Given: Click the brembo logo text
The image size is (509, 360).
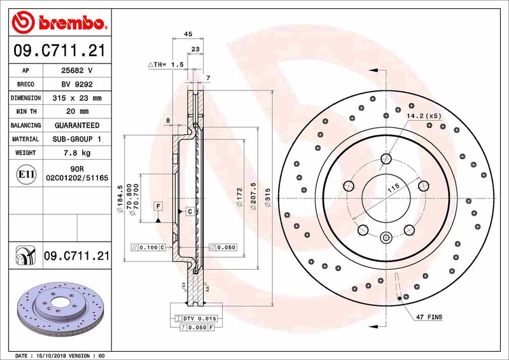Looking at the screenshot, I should (68, 24).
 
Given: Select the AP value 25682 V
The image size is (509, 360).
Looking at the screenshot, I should (77, 71).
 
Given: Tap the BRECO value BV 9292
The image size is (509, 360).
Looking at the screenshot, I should (77, 85).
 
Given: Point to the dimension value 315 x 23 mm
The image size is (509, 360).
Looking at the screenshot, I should (77, 98).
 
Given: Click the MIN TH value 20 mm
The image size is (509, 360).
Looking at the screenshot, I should (77, 112).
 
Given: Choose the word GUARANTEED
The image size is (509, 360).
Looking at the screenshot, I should (77, 125).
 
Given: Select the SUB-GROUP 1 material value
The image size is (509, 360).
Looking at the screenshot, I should (77, 139).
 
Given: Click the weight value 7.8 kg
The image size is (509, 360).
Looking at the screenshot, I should (77, 153).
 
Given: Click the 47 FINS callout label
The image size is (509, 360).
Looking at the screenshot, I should (429, 317).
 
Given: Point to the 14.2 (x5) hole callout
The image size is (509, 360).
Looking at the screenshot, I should (424, 116).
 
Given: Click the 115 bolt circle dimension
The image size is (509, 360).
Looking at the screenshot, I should (393, 188).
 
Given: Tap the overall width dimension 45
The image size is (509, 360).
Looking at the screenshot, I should (188, 34).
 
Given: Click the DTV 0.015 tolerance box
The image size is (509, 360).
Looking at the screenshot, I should (197, 317).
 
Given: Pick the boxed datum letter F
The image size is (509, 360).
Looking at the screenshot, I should (157, 205).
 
